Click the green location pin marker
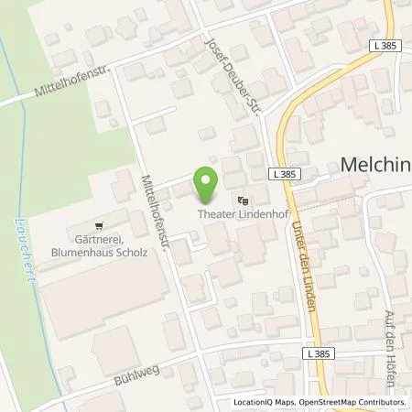(206, 179)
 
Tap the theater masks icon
(242, 199)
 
